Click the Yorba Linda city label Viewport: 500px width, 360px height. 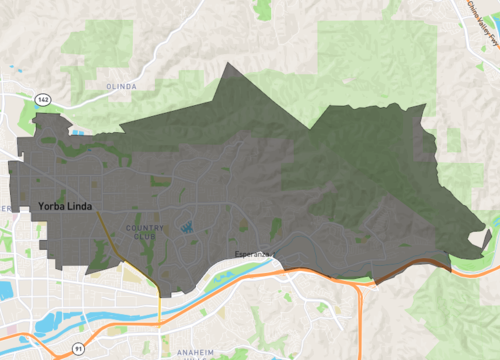(70, 207)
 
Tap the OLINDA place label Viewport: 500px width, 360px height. (120, 87)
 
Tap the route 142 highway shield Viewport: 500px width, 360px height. (42, 100)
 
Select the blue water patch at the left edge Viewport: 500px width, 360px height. (5, 290)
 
